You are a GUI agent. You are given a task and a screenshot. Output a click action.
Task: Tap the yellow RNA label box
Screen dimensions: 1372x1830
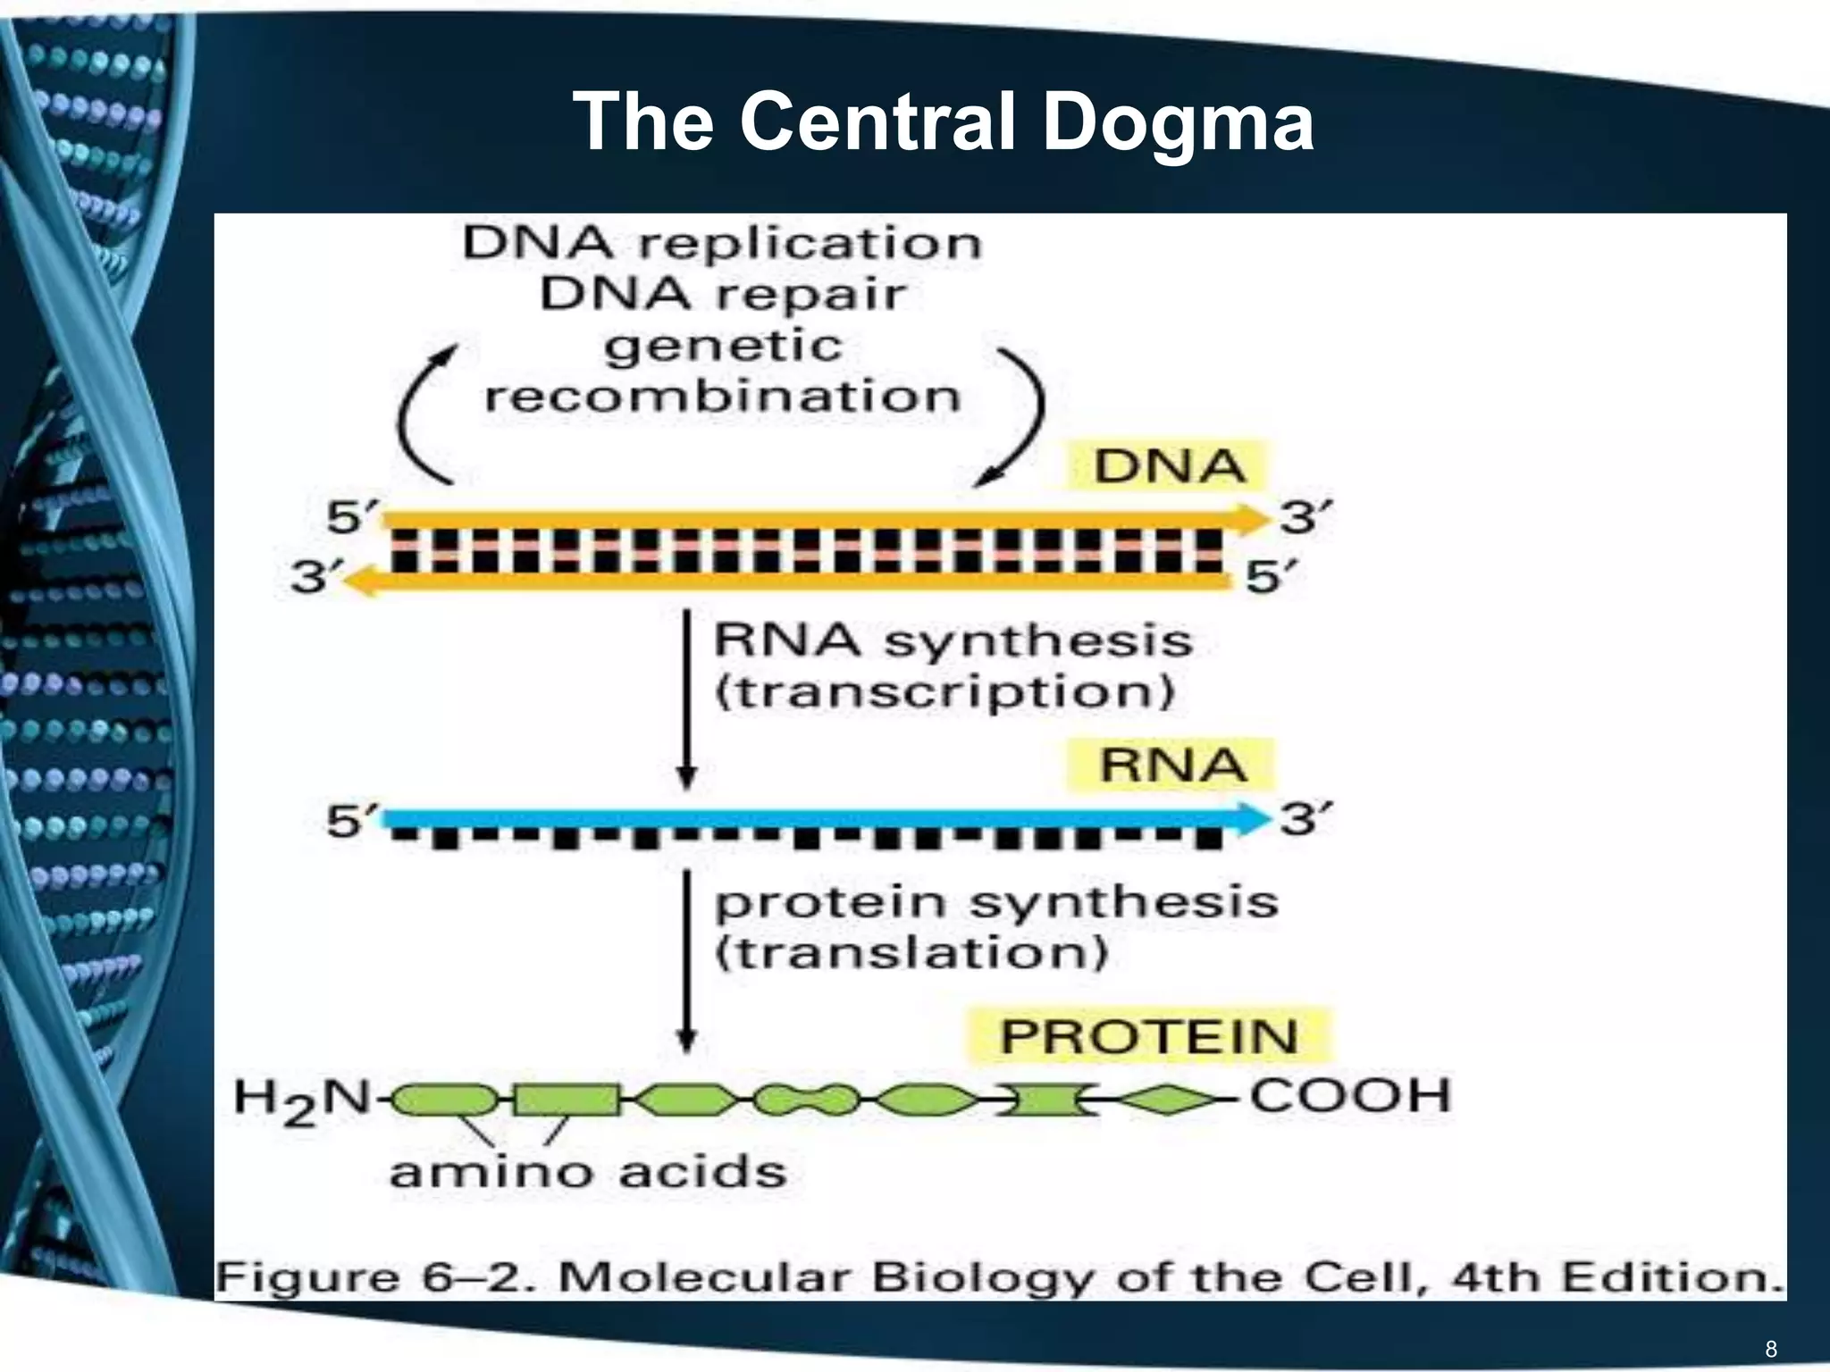[1171, 765]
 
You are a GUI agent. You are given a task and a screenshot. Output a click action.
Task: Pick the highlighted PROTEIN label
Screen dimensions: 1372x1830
[1148, 1037]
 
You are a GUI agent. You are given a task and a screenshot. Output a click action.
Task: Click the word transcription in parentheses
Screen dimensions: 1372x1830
[944, 692]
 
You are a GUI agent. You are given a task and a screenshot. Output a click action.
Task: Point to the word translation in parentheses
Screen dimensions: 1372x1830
[911, 953]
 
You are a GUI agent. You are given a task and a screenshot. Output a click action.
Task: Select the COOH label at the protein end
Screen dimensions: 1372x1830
[1349, 1096]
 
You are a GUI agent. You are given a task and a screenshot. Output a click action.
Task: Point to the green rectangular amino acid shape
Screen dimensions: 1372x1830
[566, 1100]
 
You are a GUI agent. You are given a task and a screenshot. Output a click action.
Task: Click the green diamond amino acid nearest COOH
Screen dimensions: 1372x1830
[1166, 1100]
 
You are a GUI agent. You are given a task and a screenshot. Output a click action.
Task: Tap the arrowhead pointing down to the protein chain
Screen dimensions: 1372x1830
[686, 1039]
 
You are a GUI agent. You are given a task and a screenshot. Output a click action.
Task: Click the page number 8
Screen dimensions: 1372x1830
[1771, 1348]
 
